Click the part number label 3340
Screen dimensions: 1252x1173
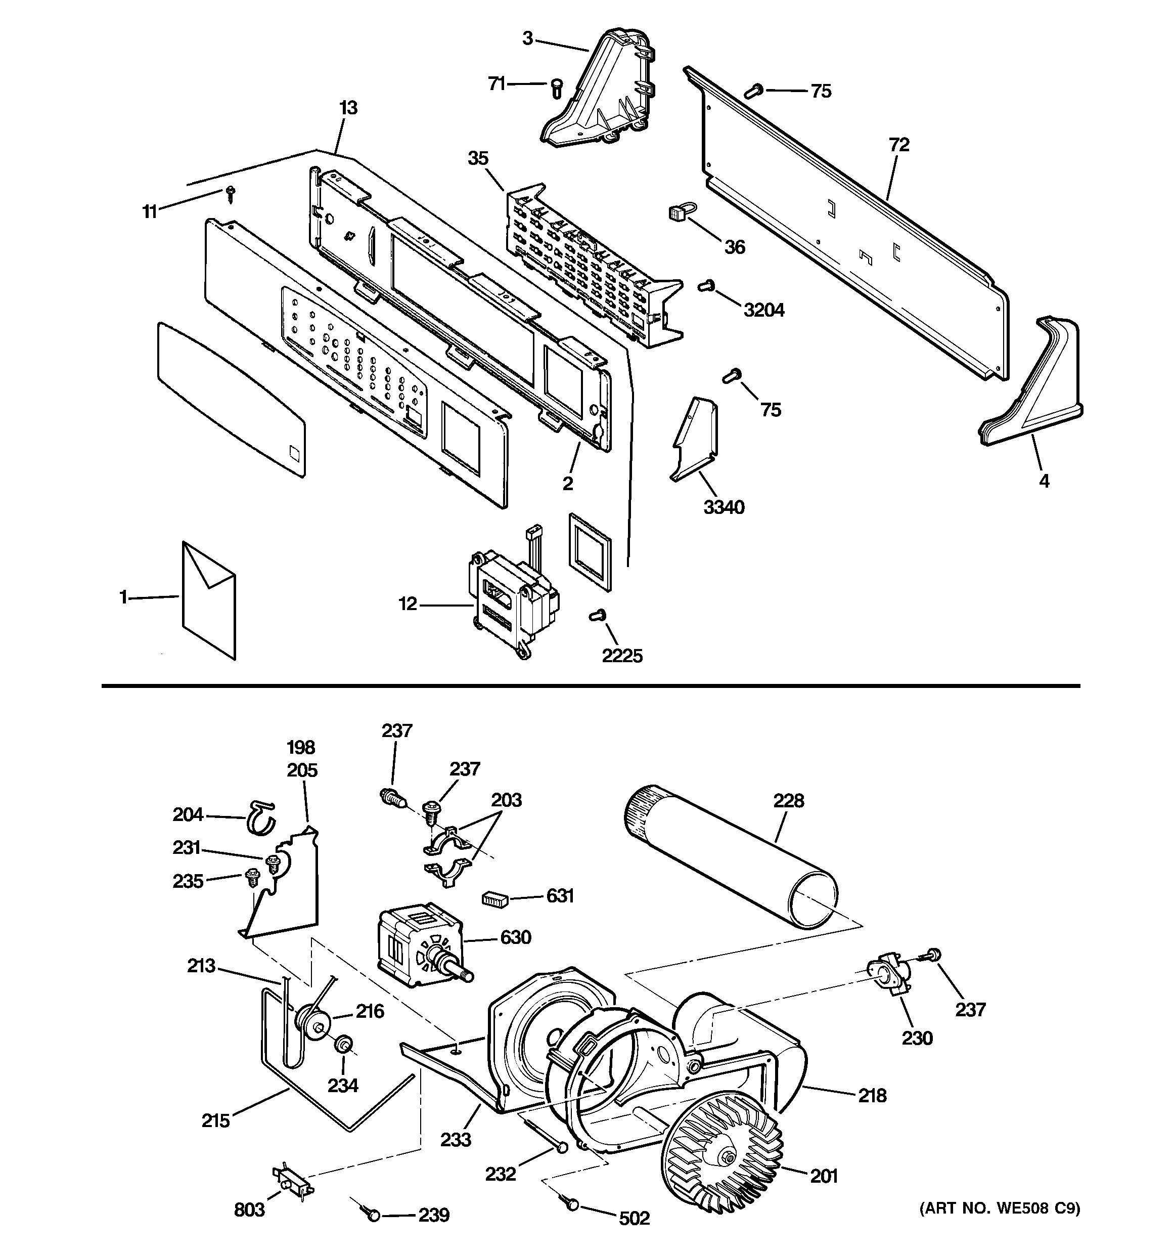724,507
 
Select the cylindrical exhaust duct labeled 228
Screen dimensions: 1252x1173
731,856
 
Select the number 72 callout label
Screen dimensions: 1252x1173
899,145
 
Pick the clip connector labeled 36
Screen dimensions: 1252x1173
677,213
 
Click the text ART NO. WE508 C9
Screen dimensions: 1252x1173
1000,1208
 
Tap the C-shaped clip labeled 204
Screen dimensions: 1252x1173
260,817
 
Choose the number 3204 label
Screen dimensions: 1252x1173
764,310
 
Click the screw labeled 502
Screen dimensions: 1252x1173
572,1204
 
